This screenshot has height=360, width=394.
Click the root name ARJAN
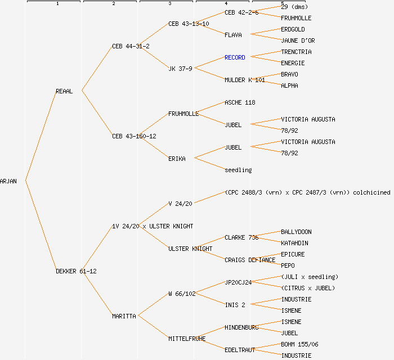pyautogui.click(x=8, y=181)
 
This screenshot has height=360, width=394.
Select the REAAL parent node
pyautogui.click(x=64, y=91)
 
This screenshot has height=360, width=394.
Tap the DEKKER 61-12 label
pyautogui.click(x=76, y=271)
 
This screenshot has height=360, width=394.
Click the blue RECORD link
pyautogui.click(x=235, y=57)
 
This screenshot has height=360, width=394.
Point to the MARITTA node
pyautogui.click(x=124, y=316)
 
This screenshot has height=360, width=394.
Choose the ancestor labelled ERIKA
pyautogui.click(x=177, y=159)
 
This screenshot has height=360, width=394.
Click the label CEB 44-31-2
pyautogui.click(x=131, y=46)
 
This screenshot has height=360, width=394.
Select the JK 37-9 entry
pyautogui.click(x=180, y=69)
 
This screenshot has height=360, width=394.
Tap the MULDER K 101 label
pyautogui.click(x=244, y=80)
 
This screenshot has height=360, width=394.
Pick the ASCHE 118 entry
pyautogui.click(x=240, y=102)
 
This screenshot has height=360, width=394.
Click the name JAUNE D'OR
pyautogui.click(x=298, y=40)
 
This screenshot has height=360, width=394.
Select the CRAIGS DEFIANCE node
pyautogui.click(x=250, y=260)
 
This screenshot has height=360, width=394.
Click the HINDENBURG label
pyautogui.click(x=241, y=327)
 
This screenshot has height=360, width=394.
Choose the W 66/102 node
pyautogui.click(x=182, y=294)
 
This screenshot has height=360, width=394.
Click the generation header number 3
pyautogui.click(x=169, y=4)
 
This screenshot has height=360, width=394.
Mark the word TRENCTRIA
pyautogui.click(x=296, y=52)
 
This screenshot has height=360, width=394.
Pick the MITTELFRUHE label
pyautogui.click(x=187, y=339)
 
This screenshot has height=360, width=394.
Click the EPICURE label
pyautogui.click(x=293, y=254)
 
